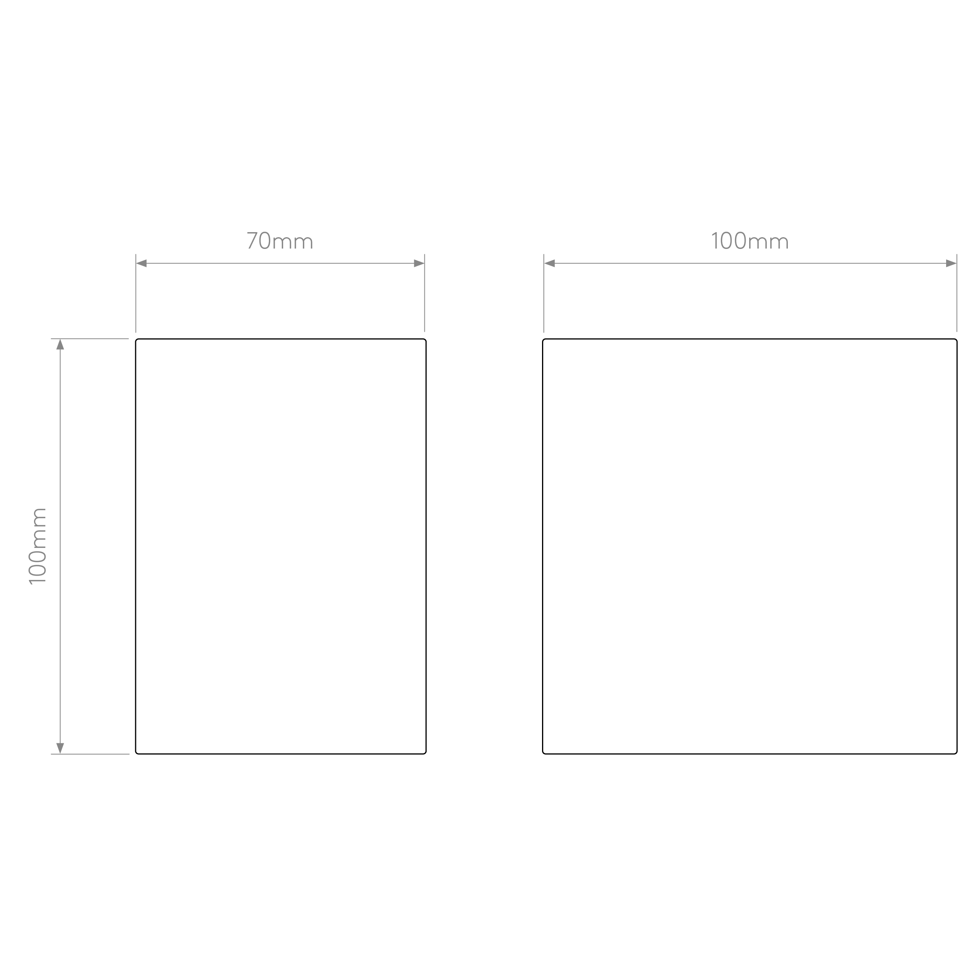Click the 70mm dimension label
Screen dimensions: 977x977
click(280, 241)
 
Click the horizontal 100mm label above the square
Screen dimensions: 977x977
click(750, 241)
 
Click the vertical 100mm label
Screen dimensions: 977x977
click(38, 546)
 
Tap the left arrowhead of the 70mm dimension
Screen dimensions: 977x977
click(141, 263)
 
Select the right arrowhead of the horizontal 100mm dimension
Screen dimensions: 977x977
click(951, 263)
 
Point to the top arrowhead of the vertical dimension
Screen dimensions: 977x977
click(60, 344)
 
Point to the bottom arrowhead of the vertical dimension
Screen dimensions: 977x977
click(60, 748)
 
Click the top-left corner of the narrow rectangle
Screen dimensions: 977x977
click(136, 339)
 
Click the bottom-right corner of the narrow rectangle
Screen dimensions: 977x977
click(426, 754)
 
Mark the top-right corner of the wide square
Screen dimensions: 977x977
click(957, 339)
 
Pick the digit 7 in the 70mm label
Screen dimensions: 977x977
click(252, 241)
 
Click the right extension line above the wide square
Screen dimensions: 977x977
click(957, 293)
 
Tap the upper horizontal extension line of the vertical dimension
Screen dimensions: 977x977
click(90, 339)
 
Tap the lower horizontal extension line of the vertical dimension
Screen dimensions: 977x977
click(90, 754)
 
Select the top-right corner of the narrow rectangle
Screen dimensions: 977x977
click(426, 339)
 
